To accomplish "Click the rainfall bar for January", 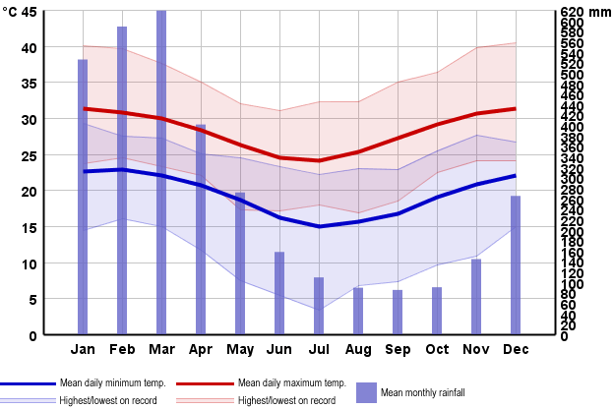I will [x=83, y=197].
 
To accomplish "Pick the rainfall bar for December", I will [x=516, y=265].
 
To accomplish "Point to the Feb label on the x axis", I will [x=122, y=350].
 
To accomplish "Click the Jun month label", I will [x=279, y=350].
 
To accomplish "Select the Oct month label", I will [x=437, y=350].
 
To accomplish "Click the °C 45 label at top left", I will [x=20, y=12].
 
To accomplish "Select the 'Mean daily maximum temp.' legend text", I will [x=291, y=383].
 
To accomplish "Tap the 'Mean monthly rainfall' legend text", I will [x=423, y=392].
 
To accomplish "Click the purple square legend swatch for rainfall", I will [x=366, y=392].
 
